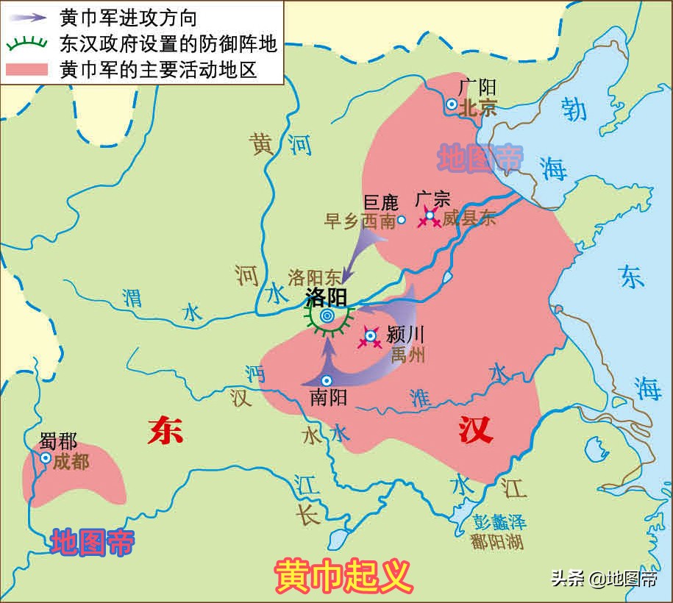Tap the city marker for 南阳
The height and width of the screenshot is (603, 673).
pyautogui.click(x=327, y=379)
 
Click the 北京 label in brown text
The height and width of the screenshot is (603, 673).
pyautogui.click(x=478, y=108)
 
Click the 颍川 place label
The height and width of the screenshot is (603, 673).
pyautogui.click(x=405, y=334)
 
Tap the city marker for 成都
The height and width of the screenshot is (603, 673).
pyautogui.click(x=46, y=458)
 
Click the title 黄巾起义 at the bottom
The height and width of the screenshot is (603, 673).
pyautogui.click(x=343, y=577)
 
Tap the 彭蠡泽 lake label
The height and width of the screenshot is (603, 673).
pyautogui.click(x=499, y=523)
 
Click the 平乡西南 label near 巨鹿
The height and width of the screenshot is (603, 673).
pyautogui.click(x=360, y=221)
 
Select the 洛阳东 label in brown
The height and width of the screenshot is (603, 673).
pyautogui.click(x=315, y=277)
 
